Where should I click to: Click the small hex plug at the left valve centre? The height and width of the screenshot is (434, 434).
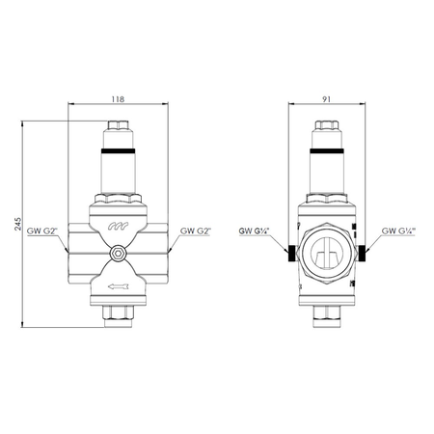coord(118,254)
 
